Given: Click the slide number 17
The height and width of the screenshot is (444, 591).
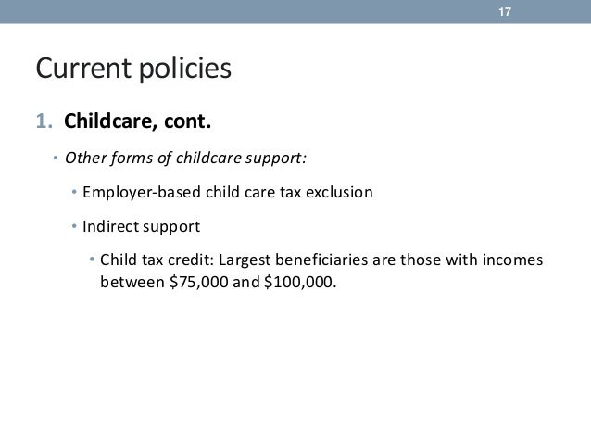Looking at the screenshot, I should (505, 11).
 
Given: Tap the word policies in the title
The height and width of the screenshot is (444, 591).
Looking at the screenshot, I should (184, 70).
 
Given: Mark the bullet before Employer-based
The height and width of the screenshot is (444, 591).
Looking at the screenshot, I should (73, 193).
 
